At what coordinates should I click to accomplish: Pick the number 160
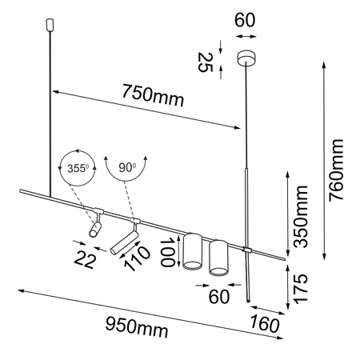coord(264,325)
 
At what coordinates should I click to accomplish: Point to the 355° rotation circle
coord(76,169)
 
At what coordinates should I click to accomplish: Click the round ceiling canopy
coord(245,58)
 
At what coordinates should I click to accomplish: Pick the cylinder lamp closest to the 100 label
coord(191,251)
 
